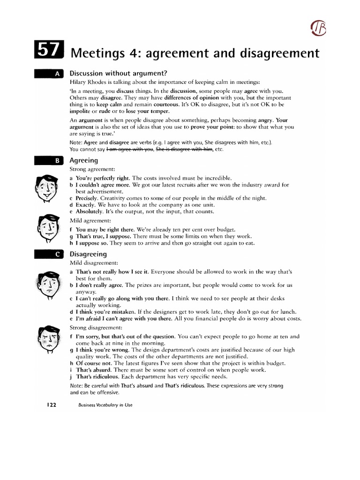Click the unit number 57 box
pyautogui.click(x=48, y=52)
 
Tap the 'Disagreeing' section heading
pyautogui.click(x=88, y=254)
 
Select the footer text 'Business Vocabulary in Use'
pyautogui.click(x=105, y=405)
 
